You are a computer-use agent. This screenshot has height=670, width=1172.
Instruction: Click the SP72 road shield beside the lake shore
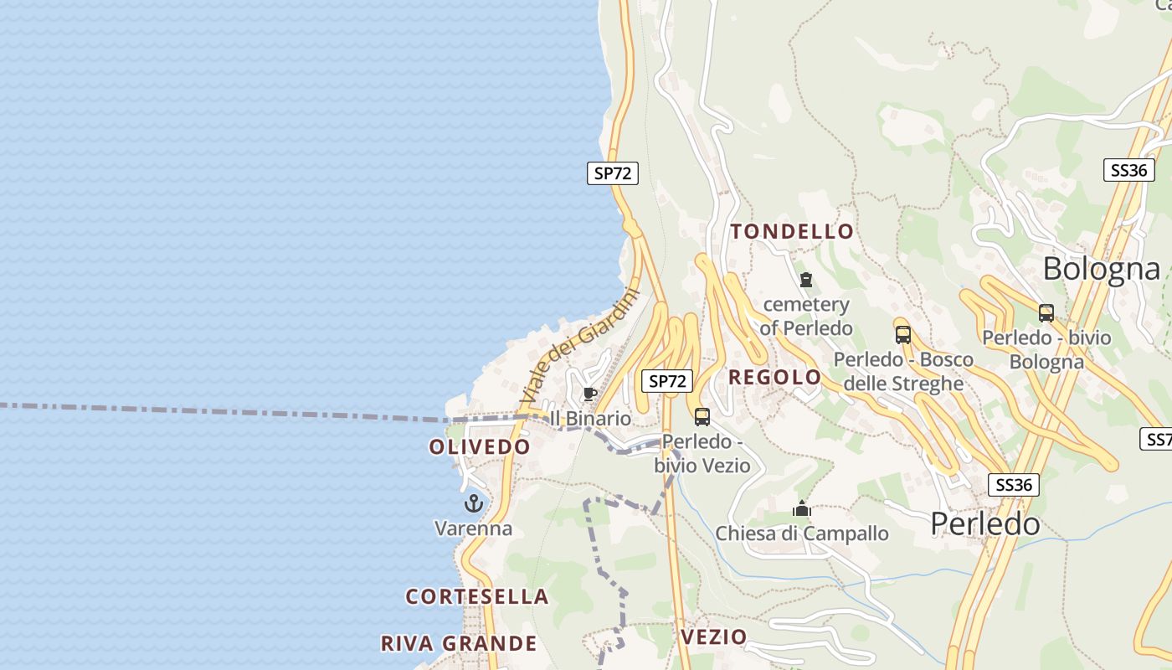point(612,173)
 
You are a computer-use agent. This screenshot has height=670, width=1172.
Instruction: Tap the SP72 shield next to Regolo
point(667,381)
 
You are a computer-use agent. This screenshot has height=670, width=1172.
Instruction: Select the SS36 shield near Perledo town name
point(1013,485)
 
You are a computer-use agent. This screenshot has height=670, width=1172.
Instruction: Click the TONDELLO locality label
point(792,232)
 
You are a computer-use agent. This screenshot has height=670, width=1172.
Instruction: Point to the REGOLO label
point(774,378)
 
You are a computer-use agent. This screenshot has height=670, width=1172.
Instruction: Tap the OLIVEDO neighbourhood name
point(480,447)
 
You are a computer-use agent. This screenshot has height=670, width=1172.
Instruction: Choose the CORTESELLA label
point(477,597)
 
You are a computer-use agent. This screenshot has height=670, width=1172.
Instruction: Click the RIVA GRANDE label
point(459,643)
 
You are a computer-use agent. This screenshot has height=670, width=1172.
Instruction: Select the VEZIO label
point(713,637)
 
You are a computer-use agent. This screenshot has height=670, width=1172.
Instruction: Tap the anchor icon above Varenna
point(474,503)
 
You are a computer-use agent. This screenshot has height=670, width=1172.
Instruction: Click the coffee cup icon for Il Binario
point(590,394)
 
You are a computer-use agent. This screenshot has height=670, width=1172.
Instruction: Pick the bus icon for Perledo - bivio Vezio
point(702,416)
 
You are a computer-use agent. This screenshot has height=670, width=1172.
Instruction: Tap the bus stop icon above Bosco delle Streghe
point(903,335)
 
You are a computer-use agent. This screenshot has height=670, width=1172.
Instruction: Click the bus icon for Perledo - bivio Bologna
point(1046,313)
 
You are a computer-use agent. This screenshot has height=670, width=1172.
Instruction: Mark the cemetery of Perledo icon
point(806,280)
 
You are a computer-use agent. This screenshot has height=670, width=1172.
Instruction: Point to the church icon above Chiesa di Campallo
point(802,508)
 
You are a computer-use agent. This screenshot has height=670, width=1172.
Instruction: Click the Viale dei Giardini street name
point(580,346)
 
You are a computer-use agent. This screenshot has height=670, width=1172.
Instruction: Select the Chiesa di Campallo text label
point(802,533)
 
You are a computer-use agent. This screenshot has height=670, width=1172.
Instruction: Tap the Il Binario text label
point(590,418)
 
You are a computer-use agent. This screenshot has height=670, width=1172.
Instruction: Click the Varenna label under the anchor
point(473,528)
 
